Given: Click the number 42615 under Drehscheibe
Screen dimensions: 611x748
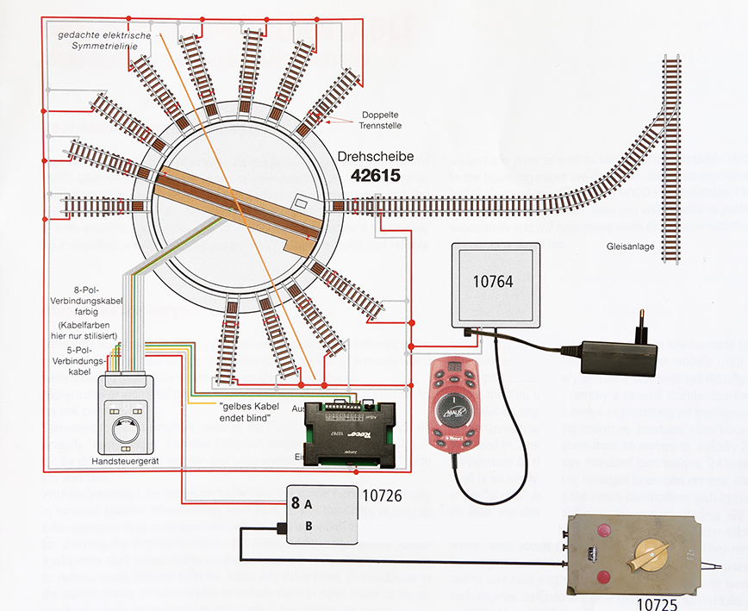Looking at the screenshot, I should [x=383, y=173].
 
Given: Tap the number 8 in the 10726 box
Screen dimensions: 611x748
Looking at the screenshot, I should [x=295, y=502].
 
